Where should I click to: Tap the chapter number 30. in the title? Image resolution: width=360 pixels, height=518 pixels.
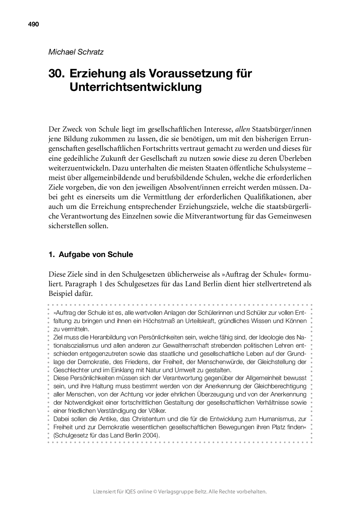[57, 74]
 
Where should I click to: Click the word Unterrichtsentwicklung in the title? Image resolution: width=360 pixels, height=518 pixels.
[135, 87]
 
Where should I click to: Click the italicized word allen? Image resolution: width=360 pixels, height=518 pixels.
[243, 129]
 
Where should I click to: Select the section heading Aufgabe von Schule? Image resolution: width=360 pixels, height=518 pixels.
[96, 255]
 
